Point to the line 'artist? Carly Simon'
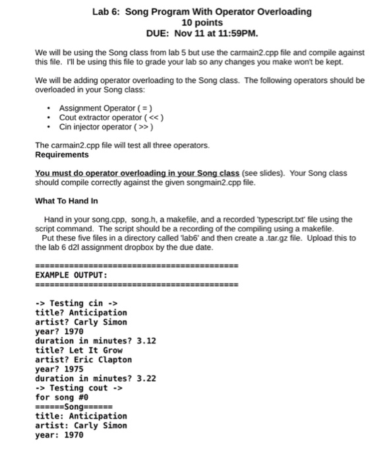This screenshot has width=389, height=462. coord(80,321)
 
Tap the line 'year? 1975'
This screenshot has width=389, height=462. coord(59,369)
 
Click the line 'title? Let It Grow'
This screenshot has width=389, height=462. coord(78,350)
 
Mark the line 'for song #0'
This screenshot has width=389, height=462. coord(61,397)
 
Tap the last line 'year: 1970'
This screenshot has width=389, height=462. coord(59,435)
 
